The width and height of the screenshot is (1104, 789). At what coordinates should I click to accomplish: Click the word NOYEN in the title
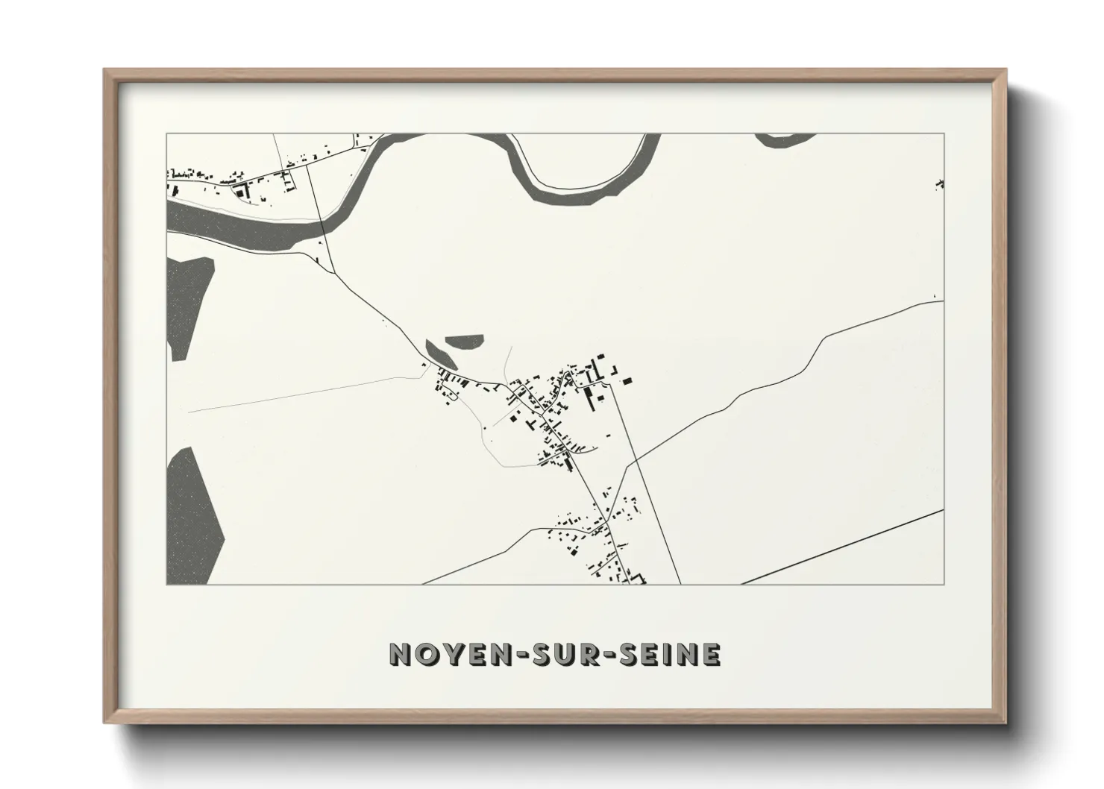(439, 654)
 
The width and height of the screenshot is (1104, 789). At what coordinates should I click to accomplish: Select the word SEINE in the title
(668, 654)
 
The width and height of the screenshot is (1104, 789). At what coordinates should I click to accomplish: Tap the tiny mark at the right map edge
(940, 183)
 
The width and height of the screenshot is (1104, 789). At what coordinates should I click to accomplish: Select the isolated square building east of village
(627, 380)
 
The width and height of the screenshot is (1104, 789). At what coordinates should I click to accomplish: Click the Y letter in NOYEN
(439, 654)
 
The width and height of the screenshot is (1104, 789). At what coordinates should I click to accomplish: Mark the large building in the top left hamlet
(240, 192)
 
